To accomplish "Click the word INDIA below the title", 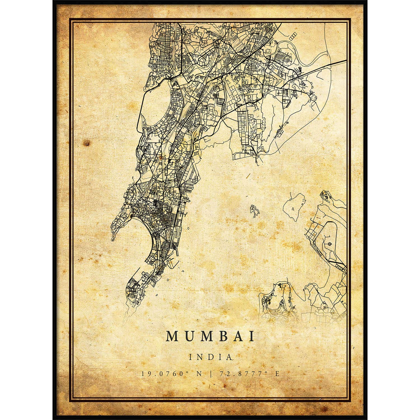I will click(x=210, y=357).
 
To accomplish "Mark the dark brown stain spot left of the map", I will click(x=87, y=143).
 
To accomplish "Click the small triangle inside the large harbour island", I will click(x=292, y=209).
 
